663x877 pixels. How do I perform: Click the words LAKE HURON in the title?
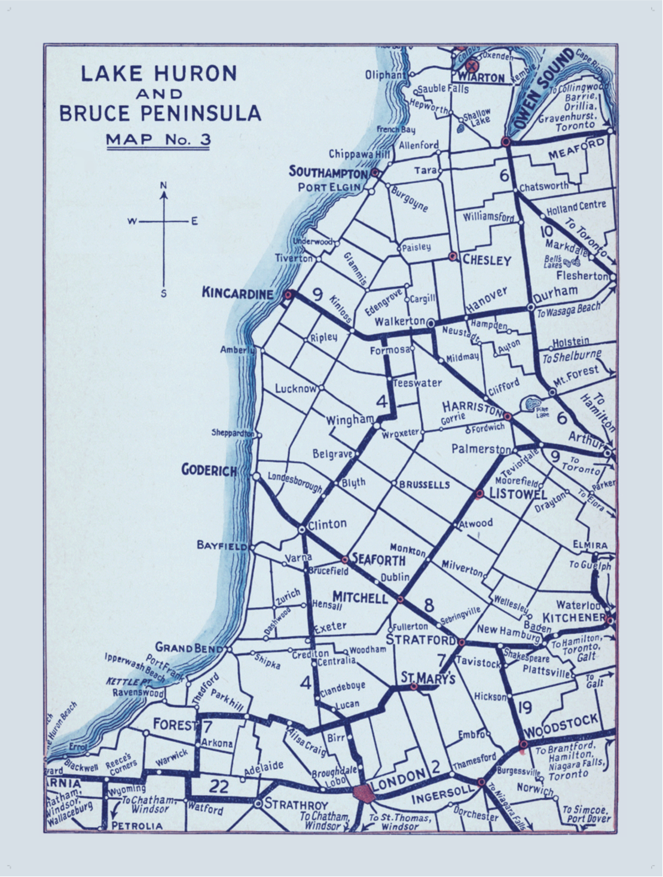point(159,74)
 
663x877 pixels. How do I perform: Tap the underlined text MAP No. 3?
point(158,140)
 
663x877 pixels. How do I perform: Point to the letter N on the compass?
point(163,185)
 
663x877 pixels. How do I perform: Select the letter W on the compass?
point(132,222)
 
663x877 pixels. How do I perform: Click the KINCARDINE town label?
point(237,293)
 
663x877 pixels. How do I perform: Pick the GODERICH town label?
point(209,470)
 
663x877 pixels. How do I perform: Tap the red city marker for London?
point(363,794)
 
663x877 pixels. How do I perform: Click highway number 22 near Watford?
point(219,786)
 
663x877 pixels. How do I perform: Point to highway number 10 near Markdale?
point(545,232)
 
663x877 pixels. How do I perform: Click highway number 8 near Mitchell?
point(429,604)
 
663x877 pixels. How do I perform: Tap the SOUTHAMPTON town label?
point(328,172)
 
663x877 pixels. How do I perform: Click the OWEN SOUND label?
point(543,91)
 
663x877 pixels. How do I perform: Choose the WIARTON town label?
point(481,78)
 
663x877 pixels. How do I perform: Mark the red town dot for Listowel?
point(479,494)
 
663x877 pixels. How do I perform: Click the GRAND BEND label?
point(182,647)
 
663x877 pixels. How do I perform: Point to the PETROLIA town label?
point(137,826)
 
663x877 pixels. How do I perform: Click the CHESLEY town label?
point(487,261)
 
